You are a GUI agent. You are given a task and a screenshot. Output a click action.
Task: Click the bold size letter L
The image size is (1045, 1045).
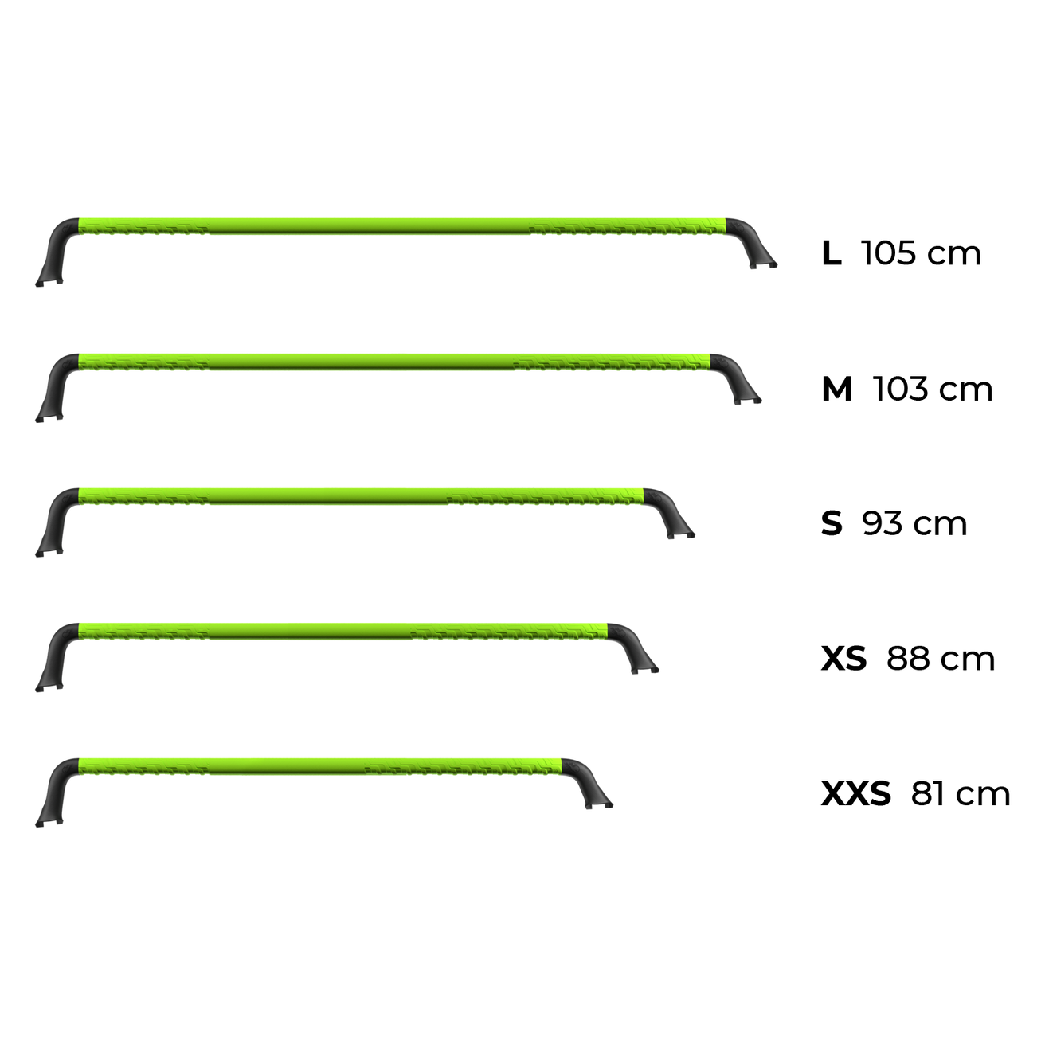pyautogui.click(x=832, y=253)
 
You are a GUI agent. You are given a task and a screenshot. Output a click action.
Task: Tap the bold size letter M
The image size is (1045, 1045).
pyautogui.click(x=837, y=389)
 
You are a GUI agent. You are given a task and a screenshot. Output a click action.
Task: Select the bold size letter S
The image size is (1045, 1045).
pyautogui.click(x=832, y=524)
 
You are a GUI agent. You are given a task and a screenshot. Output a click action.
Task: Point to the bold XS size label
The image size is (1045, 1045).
pyautogui.click(x=843, y=659)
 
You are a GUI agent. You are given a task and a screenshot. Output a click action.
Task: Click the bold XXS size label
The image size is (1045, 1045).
pyautogui.click(x=855, y=794)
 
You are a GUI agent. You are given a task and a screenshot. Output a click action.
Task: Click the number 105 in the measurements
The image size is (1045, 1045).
pyautogui.click(x=890, y=253)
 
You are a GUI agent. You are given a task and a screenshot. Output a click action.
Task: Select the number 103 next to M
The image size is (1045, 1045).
pyautogui.click(x=901, y=389)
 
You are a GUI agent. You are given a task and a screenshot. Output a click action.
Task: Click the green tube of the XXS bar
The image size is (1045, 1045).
pyautogui.click(x=320, y=766)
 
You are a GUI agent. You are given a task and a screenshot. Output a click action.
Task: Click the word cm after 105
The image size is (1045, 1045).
pyautogui.click(x=954, y=256)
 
